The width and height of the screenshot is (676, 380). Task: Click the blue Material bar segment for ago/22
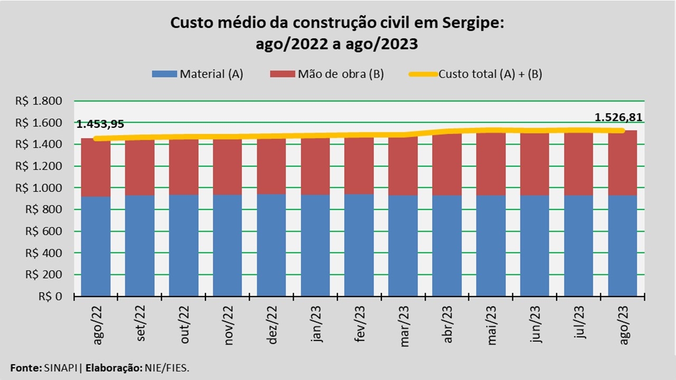pos(96,246)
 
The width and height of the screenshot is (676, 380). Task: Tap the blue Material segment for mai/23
pos(491,246)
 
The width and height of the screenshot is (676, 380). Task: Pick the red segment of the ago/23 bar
pos(623,164)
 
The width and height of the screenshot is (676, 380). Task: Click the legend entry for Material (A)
pos(197,74)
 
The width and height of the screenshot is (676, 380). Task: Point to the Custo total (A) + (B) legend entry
pos(475,74)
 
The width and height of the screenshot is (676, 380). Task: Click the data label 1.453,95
pos(100,125)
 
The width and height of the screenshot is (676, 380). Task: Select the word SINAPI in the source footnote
pos(61,367)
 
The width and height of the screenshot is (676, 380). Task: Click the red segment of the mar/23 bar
pos(403,167)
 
